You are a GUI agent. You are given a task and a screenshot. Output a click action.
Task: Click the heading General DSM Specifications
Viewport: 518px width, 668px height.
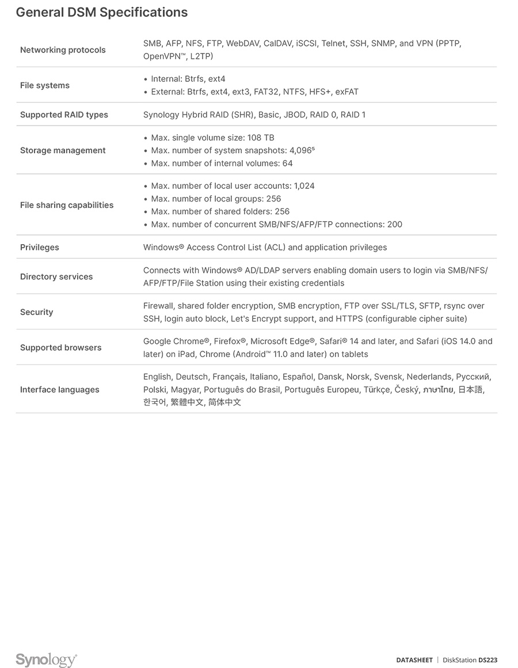click(x=101, y=12)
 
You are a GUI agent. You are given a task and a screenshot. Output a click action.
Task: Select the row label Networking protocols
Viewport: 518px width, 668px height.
click(x=63, y=50)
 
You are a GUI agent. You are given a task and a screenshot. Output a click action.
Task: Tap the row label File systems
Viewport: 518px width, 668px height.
click(x=44, y=85)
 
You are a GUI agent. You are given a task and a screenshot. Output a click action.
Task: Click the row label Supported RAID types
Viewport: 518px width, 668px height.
click(x=64, y=115)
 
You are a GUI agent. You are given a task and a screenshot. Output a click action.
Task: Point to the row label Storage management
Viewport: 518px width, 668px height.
click(x=63, y=150)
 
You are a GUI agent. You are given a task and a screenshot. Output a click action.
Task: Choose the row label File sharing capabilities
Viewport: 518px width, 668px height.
click(x=67, y=205)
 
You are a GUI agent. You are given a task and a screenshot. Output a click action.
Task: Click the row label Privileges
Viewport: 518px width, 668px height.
click(x=40, y=247)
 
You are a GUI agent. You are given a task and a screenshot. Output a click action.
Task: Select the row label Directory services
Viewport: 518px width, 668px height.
click(x=56, y=276)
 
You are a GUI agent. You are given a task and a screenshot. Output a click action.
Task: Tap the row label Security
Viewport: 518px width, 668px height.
click(x=36, y=312)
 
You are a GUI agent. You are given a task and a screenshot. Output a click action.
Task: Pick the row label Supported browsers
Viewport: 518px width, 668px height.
click(x=60, y=348)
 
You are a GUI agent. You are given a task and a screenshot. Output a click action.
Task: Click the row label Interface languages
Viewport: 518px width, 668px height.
click(x=59, y=390)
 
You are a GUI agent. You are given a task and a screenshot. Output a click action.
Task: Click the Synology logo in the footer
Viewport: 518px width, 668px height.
click(x=46, y=660)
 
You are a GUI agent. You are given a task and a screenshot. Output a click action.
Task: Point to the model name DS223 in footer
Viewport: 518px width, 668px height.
click(x=487, y=660)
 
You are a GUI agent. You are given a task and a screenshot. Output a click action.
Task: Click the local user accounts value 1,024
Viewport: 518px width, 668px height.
click(x=304, y=186)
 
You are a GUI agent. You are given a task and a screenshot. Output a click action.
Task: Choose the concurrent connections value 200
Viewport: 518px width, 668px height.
click(x=395, y=224)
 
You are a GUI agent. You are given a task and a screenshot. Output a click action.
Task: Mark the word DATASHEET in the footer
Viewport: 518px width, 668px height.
click(x=414, y=660)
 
